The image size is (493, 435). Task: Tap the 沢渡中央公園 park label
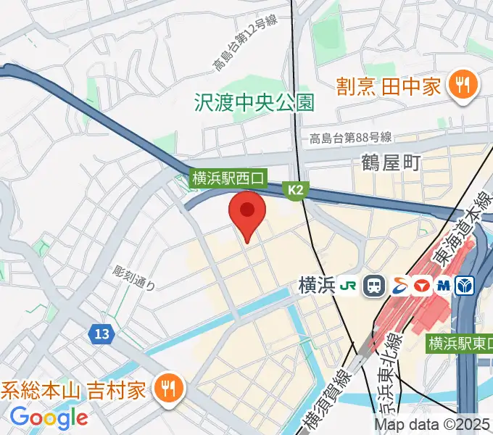(x=254, y=102)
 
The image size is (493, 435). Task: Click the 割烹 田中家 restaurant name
(x=389, y=87)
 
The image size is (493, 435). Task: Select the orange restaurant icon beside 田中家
(x=460, y=86)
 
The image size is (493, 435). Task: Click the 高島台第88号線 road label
(x=350, y=138)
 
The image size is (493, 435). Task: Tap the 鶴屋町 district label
(x=391, y=162)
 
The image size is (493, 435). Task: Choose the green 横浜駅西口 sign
(x=229, y=176)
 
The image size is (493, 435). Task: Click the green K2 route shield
(x=297, y=190)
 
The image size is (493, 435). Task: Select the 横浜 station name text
(x=316, y=286)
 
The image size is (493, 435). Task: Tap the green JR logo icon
(x=349, y=286)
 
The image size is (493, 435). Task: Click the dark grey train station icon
(x=374, y=286)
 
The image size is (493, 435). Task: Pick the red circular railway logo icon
(x=421, y=286)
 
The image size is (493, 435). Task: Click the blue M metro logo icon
(x=442, y=286)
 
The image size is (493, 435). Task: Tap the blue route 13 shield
(x=101, y=334)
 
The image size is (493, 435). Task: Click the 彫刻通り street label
(x=134, y=278)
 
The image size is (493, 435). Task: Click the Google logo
(x=49, y=418)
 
